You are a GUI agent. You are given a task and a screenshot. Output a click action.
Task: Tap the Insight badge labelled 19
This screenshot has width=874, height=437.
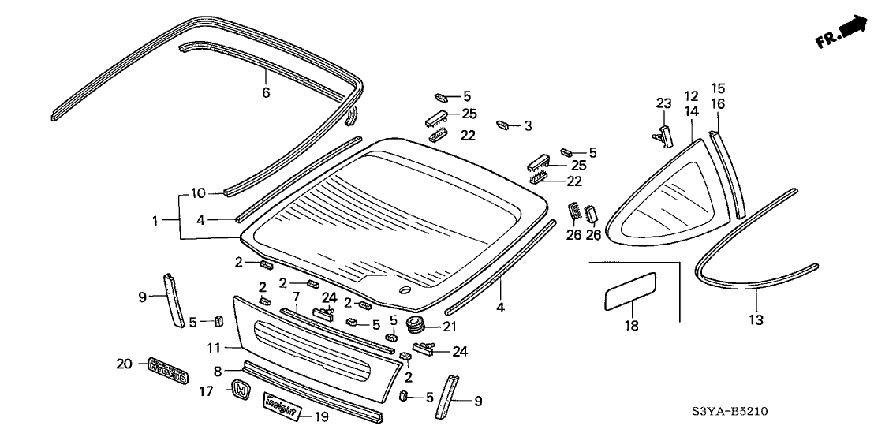pyautogui.click(x=281, y=406)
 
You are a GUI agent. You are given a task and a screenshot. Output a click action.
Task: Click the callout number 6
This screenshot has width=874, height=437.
pyautogui.click(x=266, y=93)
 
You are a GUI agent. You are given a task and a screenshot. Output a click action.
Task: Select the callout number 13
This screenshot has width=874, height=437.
pyautogui.click(x=756, y=319)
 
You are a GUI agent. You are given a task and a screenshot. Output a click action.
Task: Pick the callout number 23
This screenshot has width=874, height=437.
pyautogui.click(x=663, y=103)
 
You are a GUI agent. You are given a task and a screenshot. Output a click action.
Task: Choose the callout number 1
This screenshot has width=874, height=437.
pyautogui.click(x=156, y=221)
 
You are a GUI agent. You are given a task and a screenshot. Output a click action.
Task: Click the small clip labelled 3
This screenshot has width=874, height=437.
pyautogui.click(x=502, y=125)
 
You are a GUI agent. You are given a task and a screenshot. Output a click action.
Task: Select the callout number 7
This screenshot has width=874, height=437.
pyautogui.click(x=297, y=297)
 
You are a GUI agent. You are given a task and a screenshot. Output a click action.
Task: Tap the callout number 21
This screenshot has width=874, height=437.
pyautogui.click(x=449, y=326)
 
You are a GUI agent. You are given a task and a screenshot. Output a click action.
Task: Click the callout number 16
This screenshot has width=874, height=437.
pyautogui.click(x=719, y=103)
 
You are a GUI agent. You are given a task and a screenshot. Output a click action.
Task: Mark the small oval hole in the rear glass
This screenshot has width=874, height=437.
pyautogui.click(x=405, y=292)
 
